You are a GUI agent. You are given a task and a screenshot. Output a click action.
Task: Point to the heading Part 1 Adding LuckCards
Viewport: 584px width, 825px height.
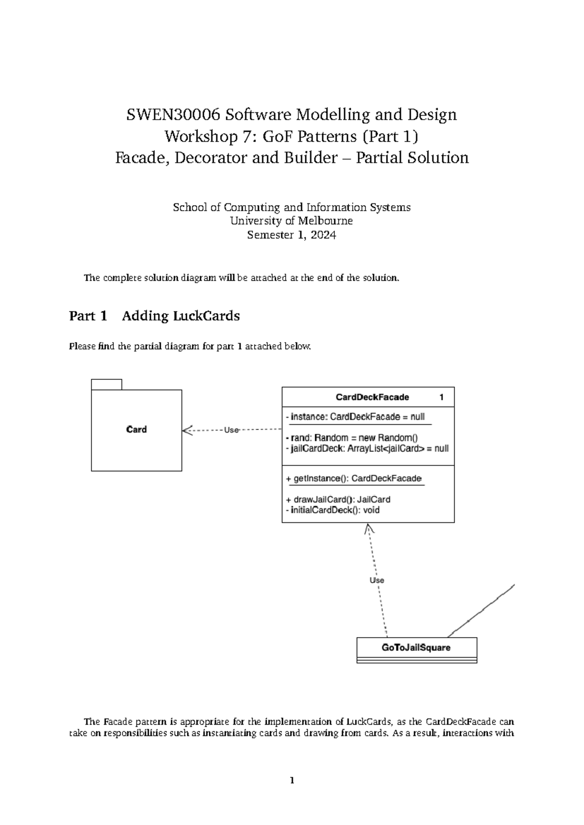(x=154, y=316)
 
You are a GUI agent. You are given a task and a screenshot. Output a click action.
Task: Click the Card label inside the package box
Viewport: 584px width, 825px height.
(x=136, y=430)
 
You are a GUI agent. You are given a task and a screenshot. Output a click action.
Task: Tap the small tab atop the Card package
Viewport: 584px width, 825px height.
(x=106, y=384)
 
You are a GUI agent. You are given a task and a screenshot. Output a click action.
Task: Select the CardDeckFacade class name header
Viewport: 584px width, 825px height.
(x=372, y=397)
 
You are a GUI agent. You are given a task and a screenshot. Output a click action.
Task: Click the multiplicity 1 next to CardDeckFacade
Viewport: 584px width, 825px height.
(x=441, y=397)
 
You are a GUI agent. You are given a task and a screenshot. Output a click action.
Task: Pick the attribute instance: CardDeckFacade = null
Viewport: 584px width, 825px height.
(x=355, y=417)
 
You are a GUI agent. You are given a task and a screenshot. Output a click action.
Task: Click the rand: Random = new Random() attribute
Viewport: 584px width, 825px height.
(x=352, y=438)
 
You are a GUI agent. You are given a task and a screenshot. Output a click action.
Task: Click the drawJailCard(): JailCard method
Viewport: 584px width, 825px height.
(x=338, y=500)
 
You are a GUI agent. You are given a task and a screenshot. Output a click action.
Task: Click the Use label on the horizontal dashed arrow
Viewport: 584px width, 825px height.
(x=231, y=430)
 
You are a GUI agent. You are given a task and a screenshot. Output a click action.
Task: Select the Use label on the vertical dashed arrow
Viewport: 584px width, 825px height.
(x=377, y=580)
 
